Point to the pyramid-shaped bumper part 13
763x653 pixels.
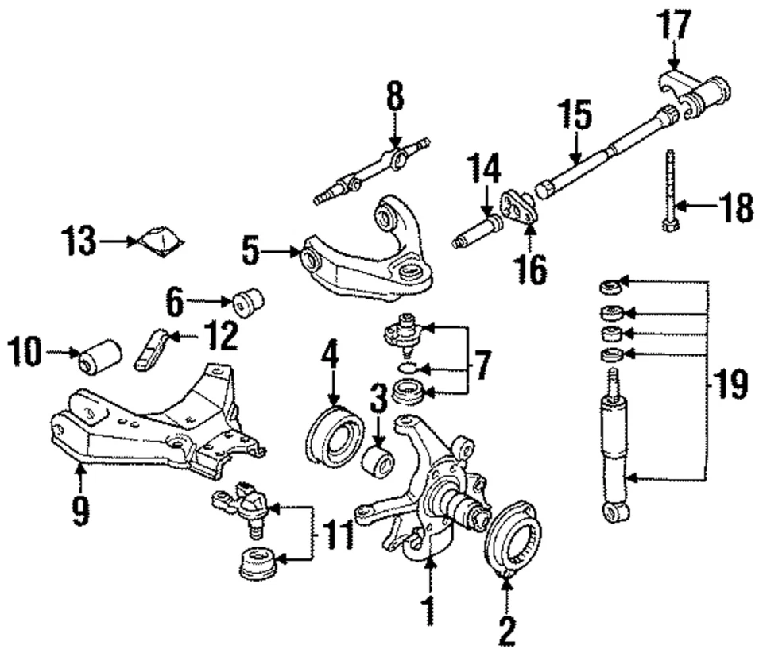tap(161, 241)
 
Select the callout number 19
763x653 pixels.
tap(730, 385)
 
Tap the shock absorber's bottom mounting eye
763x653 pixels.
tap(615, 511)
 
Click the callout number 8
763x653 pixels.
tap(395, 99)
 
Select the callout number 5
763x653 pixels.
tap(251, 253)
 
